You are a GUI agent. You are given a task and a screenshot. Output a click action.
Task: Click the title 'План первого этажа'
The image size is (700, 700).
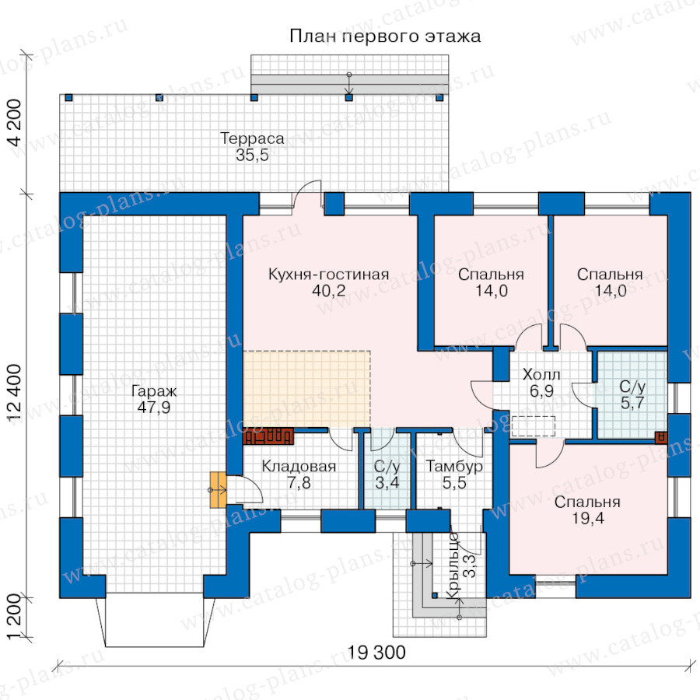point(385,37)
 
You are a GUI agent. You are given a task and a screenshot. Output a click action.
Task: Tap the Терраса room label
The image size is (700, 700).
point(252,138)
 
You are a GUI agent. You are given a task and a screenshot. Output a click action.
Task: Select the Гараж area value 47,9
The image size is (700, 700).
point(153,408)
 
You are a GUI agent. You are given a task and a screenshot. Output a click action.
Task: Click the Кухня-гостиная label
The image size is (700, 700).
point(328,274)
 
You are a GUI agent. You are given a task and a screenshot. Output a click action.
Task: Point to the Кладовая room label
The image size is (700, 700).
point(299,466)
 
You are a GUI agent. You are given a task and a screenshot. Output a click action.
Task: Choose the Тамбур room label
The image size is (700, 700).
point(454,466)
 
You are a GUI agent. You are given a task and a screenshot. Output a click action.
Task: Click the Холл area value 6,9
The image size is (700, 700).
point(541,391)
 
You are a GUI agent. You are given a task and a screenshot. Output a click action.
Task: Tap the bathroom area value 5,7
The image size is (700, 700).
point(632,403)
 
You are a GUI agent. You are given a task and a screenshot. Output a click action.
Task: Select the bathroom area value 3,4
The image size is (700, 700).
point(387,482)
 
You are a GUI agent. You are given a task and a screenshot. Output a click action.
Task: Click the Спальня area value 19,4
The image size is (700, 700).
point(587,518)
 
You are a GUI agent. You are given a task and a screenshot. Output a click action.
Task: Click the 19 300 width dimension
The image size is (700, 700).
point(376,653)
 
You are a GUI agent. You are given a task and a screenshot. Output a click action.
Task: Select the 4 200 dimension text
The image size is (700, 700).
point(15,122)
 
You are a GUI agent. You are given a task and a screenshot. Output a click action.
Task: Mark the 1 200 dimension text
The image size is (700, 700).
point(15,617)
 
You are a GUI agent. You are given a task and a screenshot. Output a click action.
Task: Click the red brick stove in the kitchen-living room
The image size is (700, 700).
point(268,436)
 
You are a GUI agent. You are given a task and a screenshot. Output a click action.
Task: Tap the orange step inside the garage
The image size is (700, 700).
point(219,490)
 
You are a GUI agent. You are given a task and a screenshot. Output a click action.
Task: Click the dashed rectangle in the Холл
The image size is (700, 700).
point(534,426)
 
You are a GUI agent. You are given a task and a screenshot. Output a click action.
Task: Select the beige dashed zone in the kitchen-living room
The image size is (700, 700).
point(306,389)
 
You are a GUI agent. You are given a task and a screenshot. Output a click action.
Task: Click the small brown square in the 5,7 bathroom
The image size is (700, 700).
point(661,437)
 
